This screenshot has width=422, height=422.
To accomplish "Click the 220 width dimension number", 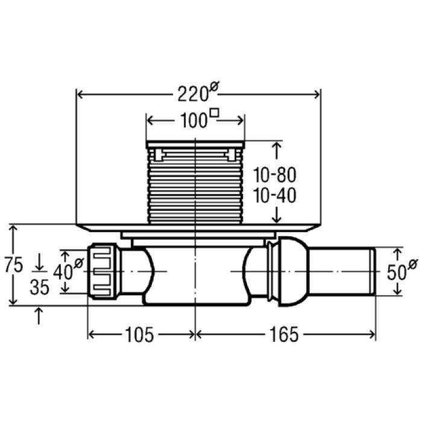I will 191,95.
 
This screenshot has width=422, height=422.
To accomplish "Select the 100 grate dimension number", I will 192,121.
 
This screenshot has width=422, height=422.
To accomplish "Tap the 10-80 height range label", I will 274,175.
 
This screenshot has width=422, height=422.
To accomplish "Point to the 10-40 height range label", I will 274,196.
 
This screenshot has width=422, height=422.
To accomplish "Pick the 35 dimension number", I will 39,287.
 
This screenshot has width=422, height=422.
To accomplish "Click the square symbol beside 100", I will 214,113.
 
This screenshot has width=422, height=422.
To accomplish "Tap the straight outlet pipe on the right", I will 341,271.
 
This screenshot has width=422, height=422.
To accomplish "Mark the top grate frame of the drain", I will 195,143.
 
